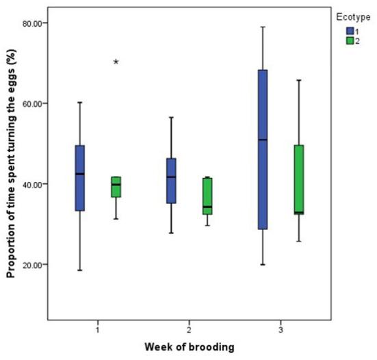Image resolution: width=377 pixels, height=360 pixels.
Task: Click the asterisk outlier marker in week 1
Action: (116, 62)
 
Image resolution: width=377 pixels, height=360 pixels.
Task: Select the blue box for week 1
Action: (80, 178)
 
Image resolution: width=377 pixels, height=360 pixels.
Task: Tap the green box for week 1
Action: (116, 187)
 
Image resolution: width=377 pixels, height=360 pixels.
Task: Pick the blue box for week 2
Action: (171, 181)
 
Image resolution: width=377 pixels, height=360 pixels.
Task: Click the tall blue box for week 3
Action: (263, 149)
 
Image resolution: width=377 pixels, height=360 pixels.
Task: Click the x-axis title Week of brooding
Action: (190, 346)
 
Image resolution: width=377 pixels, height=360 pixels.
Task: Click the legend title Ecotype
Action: (349, 13)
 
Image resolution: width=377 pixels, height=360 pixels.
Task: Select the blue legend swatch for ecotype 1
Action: (350, 29)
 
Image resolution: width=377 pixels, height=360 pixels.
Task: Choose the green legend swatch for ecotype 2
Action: (350, 40)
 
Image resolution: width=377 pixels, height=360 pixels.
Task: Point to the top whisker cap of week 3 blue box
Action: (263, 27)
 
